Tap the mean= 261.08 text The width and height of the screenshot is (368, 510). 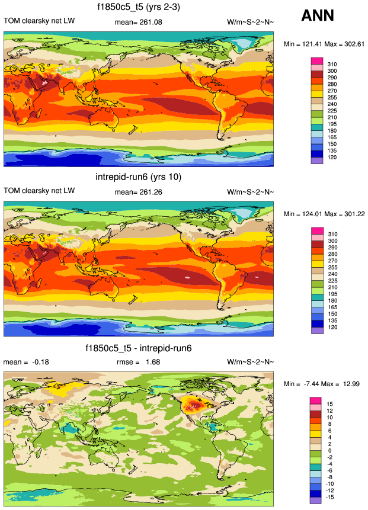137,23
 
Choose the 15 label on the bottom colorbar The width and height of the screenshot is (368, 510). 330,405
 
